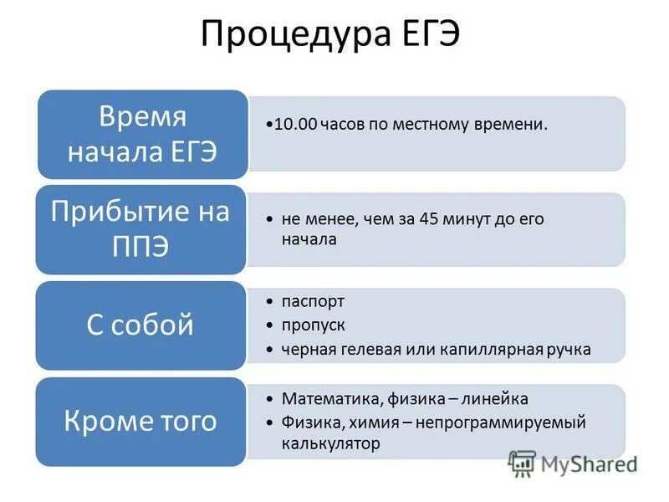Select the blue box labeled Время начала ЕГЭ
141,134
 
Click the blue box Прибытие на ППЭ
140,229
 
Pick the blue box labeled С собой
140,325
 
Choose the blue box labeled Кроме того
140,420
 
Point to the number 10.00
295,124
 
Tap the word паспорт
313,301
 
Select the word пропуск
314,325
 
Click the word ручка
568,349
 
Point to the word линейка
496,399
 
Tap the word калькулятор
330,444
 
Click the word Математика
324,399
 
